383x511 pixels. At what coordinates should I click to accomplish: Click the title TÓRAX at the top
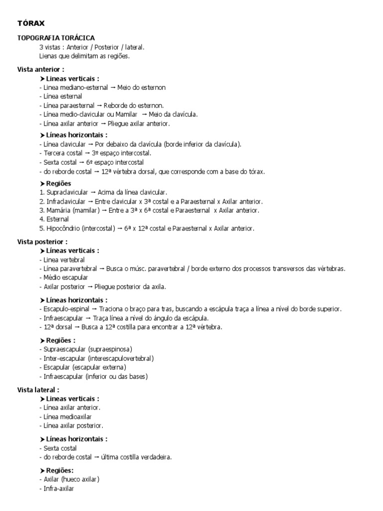coord(31,23)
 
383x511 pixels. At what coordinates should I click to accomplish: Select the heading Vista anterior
coord(40,69)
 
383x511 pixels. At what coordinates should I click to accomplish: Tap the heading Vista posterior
coord(42,241)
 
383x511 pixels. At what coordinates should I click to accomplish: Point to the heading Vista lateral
coord(38,389)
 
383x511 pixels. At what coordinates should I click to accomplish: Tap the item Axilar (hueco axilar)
coord(71,480)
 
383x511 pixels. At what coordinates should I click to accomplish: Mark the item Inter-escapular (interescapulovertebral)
coord(98,358)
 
